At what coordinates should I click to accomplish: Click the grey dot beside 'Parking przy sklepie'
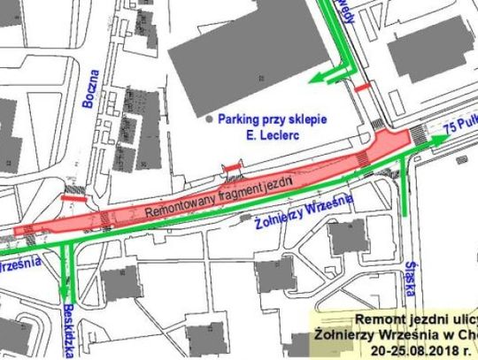click(209, 119)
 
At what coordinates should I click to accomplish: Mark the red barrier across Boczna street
click(73, 199)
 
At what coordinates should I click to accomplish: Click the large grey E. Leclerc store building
click(257, 53)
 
